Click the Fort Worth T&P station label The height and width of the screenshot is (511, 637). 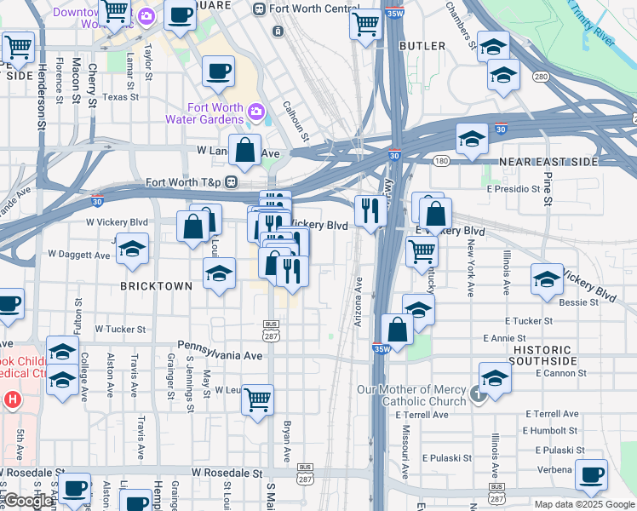pyautogui.click(x=183, y=182)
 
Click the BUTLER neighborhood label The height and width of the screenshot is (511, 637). pyautogui.click(x=422, y=45)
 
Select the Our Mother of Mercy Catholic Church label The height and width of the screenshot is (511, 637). pyautogui.click(x=413, y=396)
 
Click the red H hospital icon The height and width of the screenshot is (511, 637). pyautogui.click(x=12, y=399)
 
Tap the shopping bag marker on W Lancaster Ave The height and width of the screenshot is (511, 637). pyautogui.click(x=244, y=149)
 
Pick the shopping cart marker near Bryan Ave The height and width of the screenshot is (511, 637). pyautogui.click(x=257, y=398)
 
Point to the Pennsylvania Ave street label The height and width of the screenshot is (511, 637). pyautogui.click(x=220, y=355)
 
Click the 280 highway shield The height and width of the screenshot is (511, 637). pyautogui.click(x=540, y=77)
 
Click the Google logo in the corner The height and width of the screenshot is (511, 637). pyautogui.click(x=28, y=501)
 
